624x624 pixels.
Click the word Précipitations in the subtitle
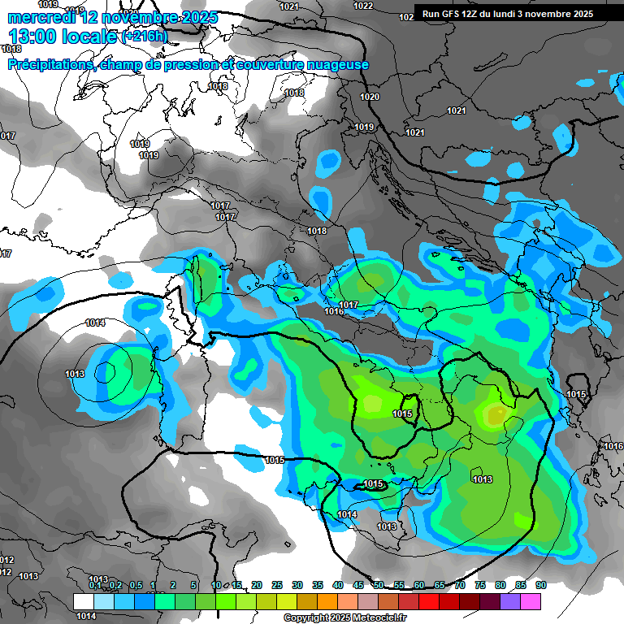pyautogui.click(x=48, y=65)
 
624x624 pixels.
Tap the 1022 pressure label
pyautogui.click(x=363, y=6)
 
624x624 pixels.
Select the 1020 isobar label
pyautogui.click(x=370, y=97)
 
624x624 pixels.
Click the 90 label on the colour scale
pyautogui.click(x=540, y=585)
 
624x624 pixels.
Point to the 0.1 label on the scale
pyautogui.click(x=95, y=585)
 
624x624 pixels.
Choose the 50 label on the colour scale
pyautogui.click(x=379, y=585)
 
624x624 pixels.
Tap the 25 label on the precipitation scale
pyautogui.click(x=277, y=585)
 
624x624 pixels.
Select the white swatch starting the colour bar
pyautogui.click(x=84, y=601)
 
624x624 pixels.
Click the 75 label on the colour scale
pyautogui.click(x=480, y=585)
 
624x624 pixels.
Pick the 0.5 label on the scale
pyautogui.click(x=135, y=585)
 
